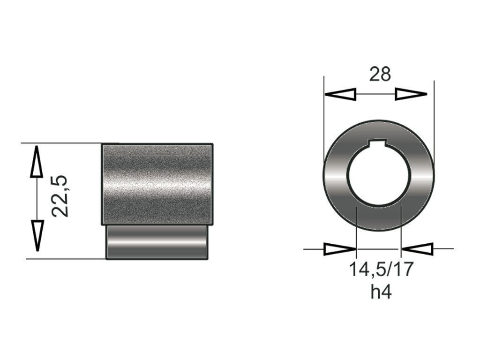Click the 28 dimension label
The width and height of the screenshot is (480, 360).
[380, 75]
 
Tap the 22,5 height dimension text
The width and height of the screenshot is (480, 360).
[60, 196]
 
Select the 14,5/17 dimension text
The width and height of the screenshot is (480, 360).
[381, 269]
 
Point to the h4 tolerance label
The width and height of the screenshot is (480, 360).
[381, 292]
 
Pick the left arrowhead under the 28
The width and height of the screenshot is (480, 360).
[340, 94]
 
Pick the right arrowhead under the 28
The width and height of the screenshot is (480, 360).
[411, 94]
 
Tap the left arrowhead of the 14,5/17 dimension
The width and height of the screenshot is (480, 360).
[340, 249]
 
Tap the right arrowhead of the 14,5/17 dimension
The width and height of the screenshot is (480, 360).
[417, 249]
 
